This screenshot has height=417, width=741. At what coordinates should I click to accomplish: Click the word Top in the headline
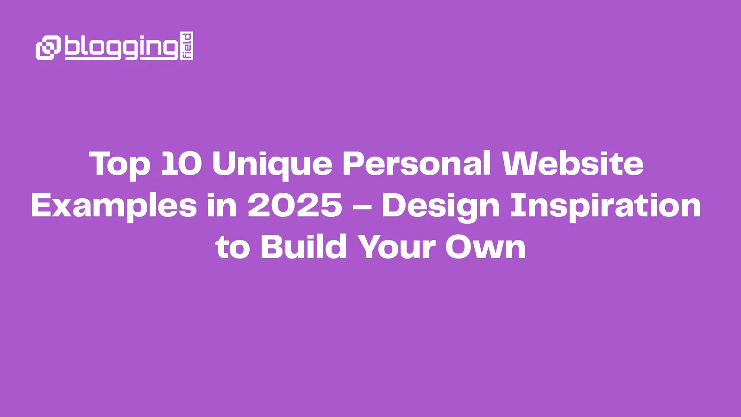[119, 164]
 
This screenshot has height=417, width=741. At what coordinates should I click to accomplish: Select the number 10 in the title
[181, 164]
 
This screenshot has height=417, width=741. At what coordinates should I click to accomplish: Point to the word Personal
[416, 164]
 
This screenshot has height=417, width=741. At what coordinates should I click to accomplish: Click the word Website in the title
[572, 164]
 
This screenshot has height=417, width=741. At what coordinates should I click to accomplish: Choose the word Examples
[114, 206]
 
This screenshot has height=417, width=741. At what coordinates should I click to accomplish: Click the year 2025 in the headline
[295, 205]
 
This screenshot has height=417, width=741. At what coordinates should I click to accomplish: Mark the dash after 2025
[362, 207]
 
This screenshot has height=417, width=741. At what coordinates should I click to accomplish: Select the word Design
[440, 206]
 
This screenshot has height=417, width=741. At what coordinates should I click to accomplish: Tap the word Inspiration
[605, 206]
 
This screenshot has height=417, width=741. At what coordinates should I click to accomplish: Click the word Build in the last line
[303, 246]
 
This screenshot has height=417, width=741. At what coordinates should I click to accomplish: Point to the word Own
[485, 246]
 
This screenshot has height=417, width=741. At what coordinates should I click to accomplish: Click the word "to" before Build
[232, 247]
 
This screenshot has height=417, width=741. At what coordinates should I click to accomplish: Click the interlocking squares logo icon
[48, 47]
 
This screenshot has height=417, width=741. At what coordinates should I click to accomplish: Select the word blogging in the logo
[121, 47]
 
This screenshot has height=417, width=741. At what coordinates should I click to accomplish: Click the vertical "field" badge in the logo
[187, 46]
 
